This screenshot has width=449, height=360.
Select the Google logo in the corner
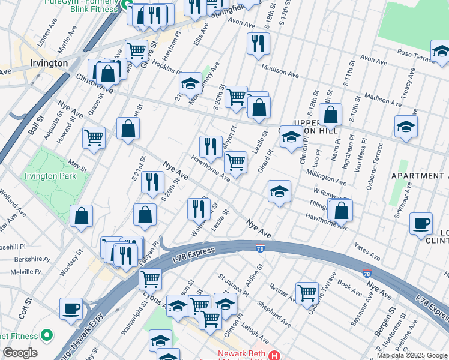(x=20, y=353)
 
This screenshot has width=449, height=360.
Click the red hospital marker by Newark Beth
(x=274, y=355)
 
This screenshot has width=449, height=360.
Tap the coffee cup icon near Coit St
(x=71, y=308)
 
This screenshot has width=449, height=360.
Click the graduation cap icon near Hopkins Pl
(x=190, y=82)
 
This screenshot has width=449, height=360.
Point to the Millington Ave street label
(x=326, y=176)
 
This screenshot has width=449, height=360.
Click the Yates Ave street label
(x=367, y=252)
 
